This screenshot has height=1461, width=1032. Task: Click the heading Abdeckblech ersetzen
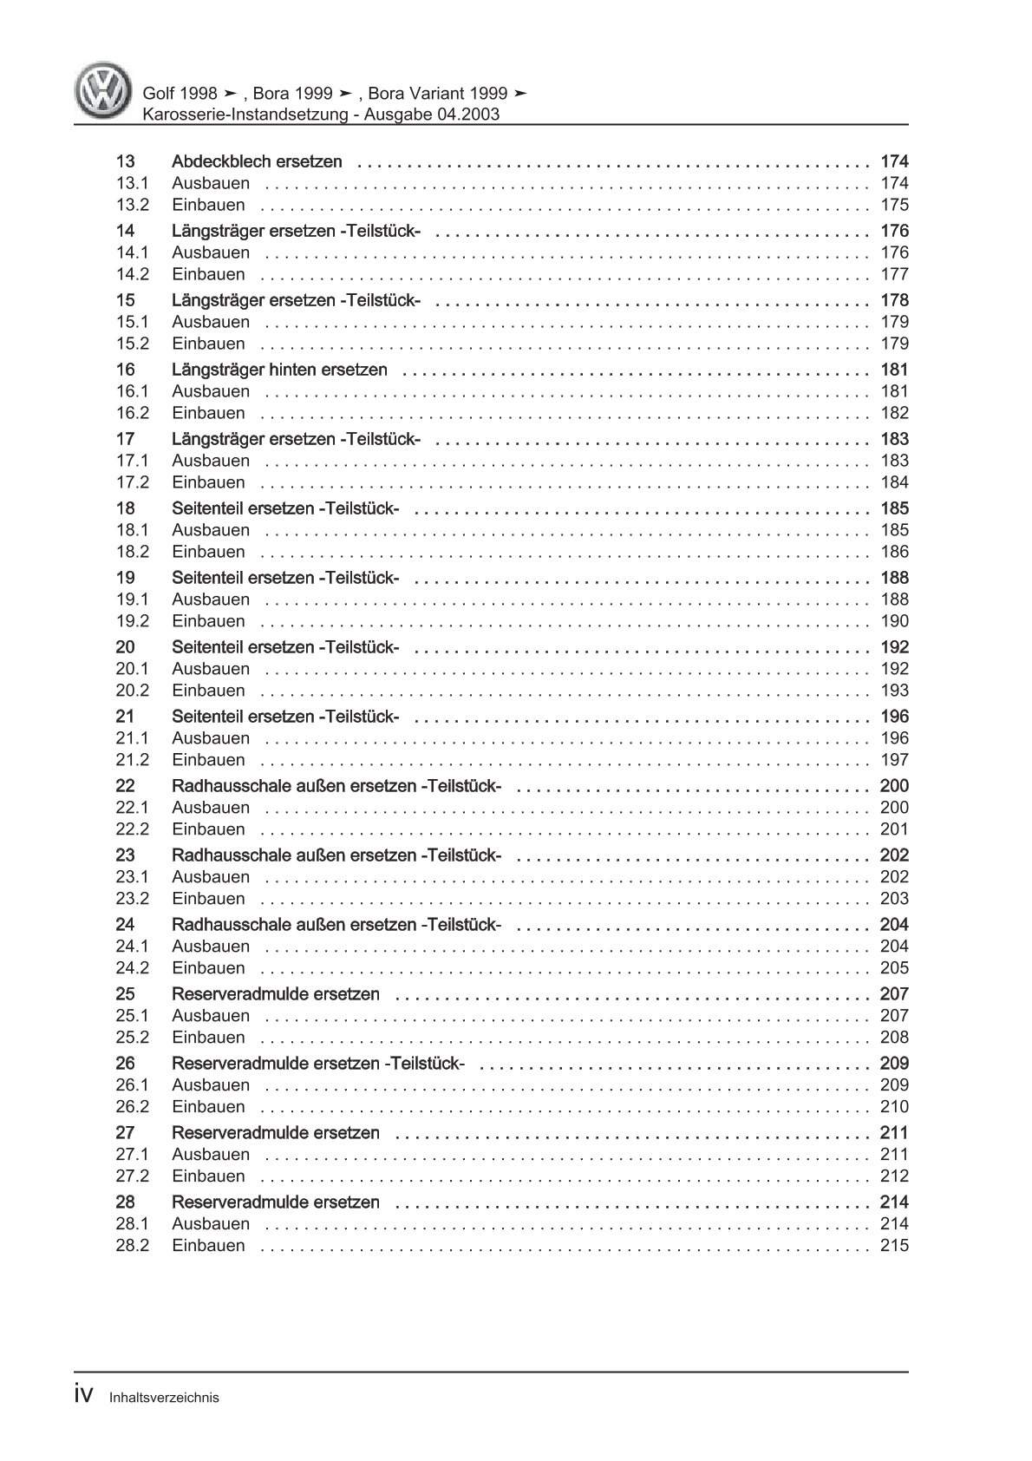[x=257, y=161]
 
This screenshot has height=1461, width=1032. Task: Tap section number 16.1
[x=132, y=391]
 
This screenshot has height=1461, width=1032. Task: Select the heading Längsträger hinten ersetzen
[x=279, y=370]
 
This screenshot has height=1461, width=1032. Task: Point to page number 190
[x=894, y=621]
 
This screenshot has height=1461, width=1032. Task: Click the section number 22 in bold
[x=125, y=786]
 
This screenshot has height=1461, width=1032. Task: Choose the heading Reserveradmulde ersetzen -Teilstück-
[x=318, y=1064]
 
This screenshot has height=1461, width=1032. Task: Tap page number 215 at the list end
[x=894, y=1246]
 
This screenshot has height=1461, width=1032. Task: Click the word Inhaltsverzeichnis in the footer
[x=164, y=1398]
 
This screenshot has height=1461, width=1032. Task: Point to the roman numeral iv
[x=84, y=1394]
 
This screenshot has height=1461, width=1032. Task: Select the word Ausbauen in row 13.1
[x=211, y=183]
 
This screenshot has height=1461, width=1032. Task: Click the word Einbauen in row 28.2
[x=208, y=1246]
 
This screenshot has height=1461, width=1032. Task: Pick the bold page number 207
[x=894, y=994]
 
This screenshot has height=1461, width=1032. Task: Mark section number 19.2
[x=132, y=621]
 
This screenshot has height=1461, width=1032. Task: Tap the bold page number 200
[x=894, y=786]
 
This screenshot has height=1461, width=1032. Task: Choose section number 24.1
[x=132, y=947]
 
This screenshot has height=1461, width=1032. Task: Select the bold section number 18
[x=125, y=508]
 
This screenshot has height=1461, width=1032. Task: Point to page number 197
[x=894, y=760]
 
